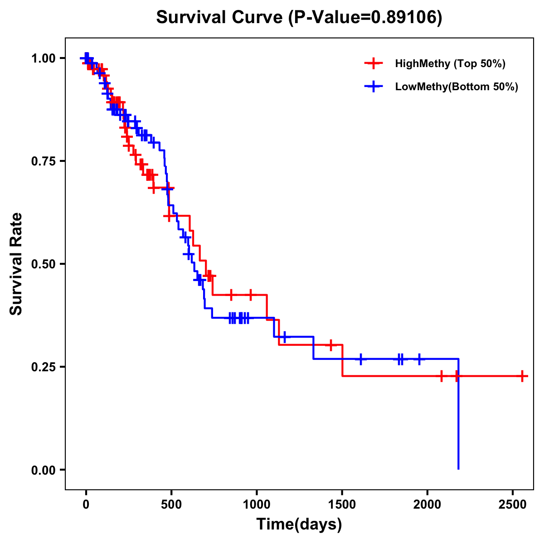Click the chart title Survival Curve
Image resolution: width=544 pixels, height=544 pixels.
tap(220, 17)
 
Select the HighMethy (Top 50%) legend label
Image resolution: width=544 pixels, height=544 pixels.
tap(450, 63)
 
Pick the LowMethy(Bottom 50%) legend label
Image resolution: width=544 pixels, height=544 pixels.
tap(456, 87)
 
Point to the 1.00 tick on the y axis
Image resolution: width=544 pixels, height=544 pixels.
tap(43, 58)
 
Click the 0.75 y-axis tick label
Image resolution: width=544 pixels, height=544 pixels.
tap(43, 161)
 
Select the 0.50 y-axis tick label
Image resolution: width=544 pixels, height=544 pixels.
tap(43, 264)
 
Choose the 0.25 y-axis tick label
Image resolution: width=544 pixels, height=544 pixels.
tap(43, 367)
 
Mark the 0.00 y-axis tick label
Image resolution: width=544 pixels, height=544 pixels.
tap(43, 470)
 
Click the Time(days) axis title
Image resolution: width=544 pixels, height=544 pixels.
tap(299, 525)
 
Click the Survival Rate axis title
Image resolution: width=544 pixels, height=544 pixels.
tap(17, 264)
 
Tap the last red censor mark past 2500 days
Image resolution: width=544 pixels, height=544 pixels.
tap(522, 376)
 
